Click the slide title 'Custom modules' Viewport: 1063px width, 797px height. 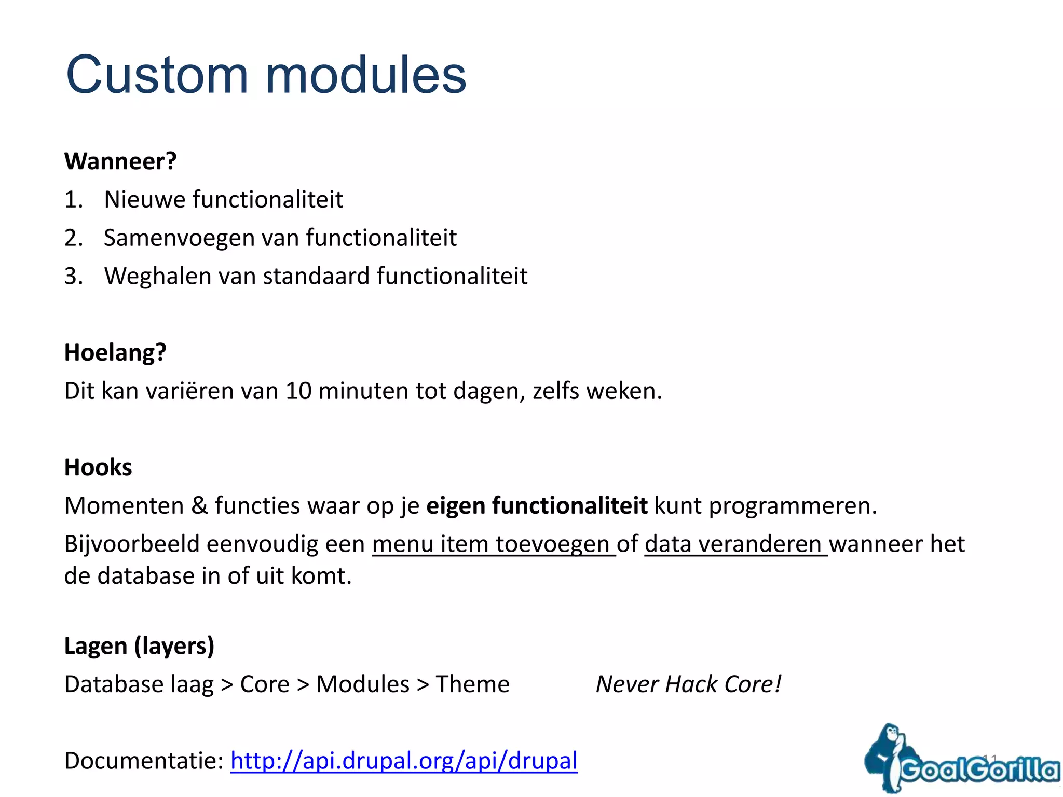[266, 76]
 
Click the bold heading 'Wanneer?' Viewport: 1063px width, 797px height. [120, 161]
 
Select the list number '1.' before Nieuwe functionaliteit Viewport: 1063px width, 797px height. [73, 200]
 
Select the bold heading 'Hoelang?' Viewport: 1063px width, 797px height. [115, 353]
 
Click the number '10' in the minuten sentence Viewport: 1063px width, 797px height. [298, 391]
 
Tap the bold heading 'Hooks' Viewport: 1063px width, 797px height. [98, 468]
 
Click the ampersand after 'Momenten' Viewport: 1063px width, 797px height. [199, 506]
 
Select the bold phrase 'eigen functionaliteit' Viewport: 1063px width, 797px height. [537, 506]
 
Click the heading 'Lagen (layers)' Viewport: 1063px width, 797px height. [139, 646]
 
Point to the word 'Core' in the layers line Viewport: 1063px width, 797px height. [265, 684]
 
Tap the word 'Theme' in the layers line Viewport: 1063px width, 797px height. [472, 684]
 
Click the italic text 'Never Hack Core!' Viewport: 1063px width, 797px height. [688, 684]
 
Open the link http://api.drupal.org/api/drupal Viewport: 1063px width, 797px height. [404, 761]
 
